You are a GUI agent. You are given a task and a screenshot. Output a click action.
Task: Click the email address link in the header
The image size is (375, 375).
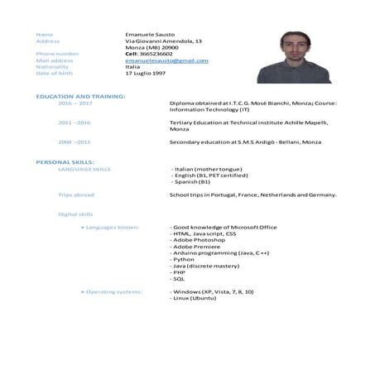click(166, 60)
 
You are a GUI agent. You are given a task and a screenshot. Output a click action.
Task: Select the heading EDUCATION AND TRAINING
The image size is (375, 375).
click(80, 97)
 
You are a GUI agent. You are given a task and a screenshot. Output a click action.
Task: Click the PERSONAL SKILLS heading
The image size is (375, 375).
click(65, 161)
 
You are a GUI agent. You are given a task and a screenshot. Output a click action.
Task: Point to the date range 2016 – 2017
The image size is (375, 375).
click(75, 103)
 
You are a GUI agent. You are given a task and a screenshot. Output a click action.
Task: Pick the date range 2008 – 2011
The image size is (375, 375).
click(75, 142)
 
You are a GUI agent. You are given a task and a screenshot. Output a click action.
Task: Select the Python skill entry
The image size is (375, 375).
click(183, 258)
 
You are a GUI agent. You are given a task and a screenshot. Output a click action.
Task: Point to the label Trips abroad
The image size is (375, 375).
click(76, 195)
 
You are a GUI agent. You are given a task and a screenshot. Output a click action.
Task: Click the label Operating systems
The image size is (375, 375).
click(113, 291)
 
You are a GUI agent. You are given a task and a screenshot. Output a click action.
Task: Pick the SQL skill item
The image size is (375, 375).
click(179, 278)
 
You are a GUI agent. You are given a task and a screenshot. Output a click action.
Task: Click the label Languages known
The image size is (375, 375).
click(112, 227)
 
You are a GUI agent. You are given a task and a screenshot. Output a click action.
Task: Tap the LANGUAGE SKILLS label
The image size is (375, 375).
click(84, 168)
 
